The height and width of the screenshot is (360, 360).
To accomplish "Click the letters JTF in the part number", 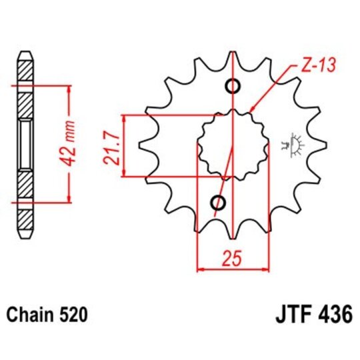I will coord(288,313).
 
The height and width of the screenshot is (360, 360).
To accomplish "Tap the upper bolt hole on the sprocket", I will coord(233,86).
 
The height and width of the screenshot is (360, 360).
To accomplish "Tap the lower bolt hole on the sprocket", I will coord(218,203).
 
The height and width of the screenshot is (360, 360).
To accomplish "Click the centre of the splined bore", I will coord(233,145).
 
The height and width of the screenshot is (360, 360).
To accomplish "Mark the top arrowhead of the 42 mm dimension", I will coord(68,89).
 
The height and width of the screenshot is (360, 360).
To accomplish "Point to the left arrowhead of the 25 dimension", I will coord(199,269).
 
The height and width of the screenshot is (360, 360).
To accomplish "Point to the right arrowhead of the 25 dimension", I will coord(266,269).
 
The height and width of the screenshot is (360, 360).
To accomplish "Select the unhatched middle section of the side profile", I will coord(25,144).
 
